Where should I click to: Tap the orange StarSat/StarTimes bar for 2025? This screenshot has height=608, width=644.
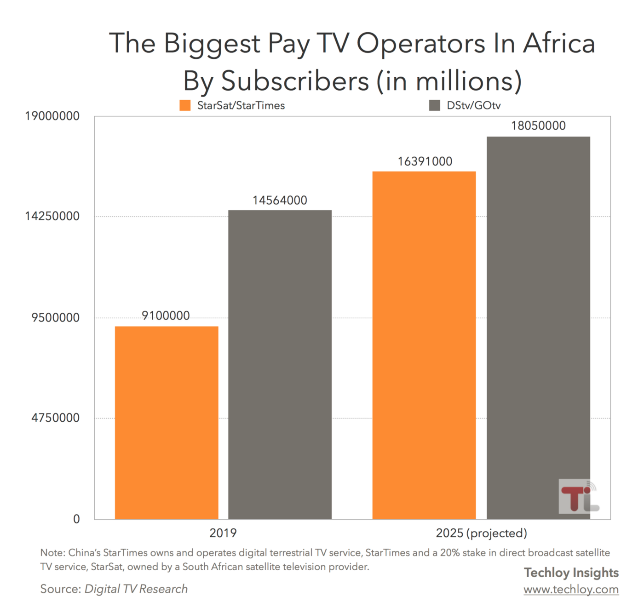(424, 345)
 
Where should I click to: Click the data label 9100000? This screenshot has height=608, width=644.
(166, 316)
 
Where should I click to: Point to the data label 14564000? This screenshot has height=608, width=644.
(280, 201)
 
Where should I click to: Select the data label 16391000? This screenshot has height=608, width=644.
(425, 161)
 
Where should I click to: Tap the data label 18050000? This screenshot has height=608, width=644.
(538, 126)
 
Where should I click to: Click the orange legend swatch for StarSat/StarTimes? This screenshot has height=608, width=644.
(185, 105)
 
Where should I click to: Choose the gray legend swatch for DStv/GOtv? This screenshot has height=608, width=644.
(434, 105)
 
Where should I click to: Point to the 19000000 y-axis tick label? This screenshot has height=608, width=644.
(52, 116)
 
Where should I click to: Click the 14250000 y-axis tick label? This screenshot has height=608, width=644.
(52, 216)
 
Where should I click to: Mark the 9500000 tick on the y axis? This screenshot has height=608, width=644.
(55, 318)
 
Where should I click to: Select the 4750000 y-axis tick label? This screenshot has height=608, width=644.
(55, 418)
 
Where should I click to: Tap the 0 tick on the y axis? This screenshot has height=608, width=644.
(76, 519)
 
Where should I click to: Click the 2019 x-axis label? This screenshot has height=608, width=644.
(223, 533)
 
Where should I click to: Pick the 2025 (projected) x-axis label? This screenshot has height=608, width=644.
(481, 533)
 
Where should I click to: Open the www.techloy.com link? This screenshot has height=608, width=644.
(571, 590)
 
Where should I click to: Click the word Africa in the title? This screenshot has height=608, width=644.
(559, 44)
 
